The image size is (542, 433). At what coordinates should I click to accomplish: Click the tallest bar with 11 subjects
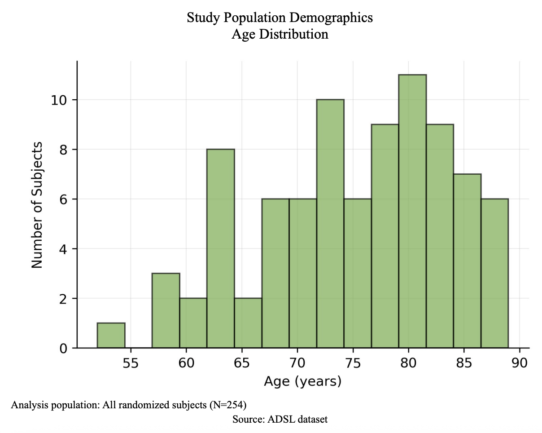pyautogui.click(x=412, y=211)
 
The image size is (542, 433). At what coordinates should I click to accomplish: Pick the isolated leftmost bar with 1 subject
pyautogui.click(x=111, y=335)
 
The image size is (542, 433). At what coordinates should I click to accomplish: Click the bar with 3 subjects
pyautogui.click(x=166, y=310)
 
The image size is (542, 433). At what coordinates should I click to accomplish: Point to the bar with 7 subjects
pyautogui.click(x=467, y=261)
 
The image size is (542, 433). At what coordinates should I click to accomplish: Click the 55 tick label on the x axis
pyautogui.click(x=131, y=363)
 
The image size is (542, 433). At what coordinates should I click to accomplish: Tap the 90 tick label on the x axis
pyautogui.click(x=520, y=363)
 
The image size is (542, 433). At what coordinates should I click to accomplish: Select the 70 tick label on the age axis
pyautogui.click(x=297, y=363)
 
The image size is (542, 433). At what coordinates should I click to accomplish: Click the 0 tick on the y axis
pyautogui.click(x=63, y=348)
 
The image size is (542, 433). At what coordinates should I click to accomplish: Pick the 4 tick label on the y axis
pyautogui.click(x=63, y=249)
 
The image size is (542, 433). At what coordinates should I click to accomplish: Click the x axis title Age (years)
pyautogui.click(x=303, y=382)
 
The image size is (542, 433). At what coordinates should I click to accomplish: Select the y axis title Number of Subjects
pyautogui.click(x=37, y=205)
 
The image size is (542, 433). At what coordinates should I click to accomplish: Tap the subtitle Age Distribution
pyautogui.click(x=280, y=34)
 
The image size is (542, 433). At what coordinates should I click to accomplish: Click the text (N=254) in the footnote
pyautogui.click(x=228, y=405)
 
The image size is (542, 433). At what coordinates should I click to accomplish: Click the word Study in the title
pyautogui.click(x=200, y=18)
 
